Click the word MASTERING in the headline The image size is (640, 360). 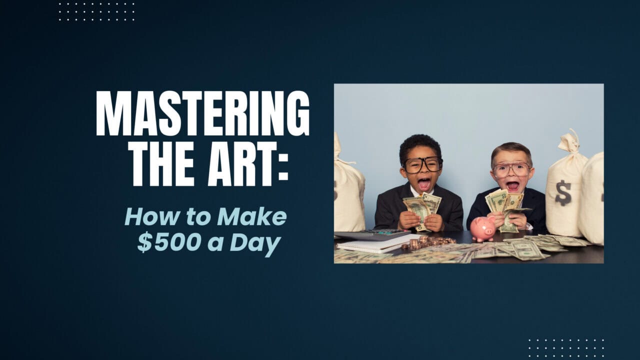(x=203, y=113)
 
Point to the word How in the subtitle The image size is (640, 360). (x=151, y=217)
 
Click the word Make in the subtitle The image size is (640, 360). (x=251, y=217)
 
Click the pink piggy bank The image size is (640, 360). (x=482, y=228)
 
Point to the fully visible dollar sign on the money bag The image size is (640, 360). (x=563, y=193)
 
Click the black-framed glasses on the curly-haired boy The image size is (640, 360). (x=423, y=165)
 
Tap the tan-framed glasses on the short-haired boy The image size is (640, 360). (x=511, y=170)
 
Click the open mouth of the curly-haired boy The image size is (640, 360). (x=423, y=184)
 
